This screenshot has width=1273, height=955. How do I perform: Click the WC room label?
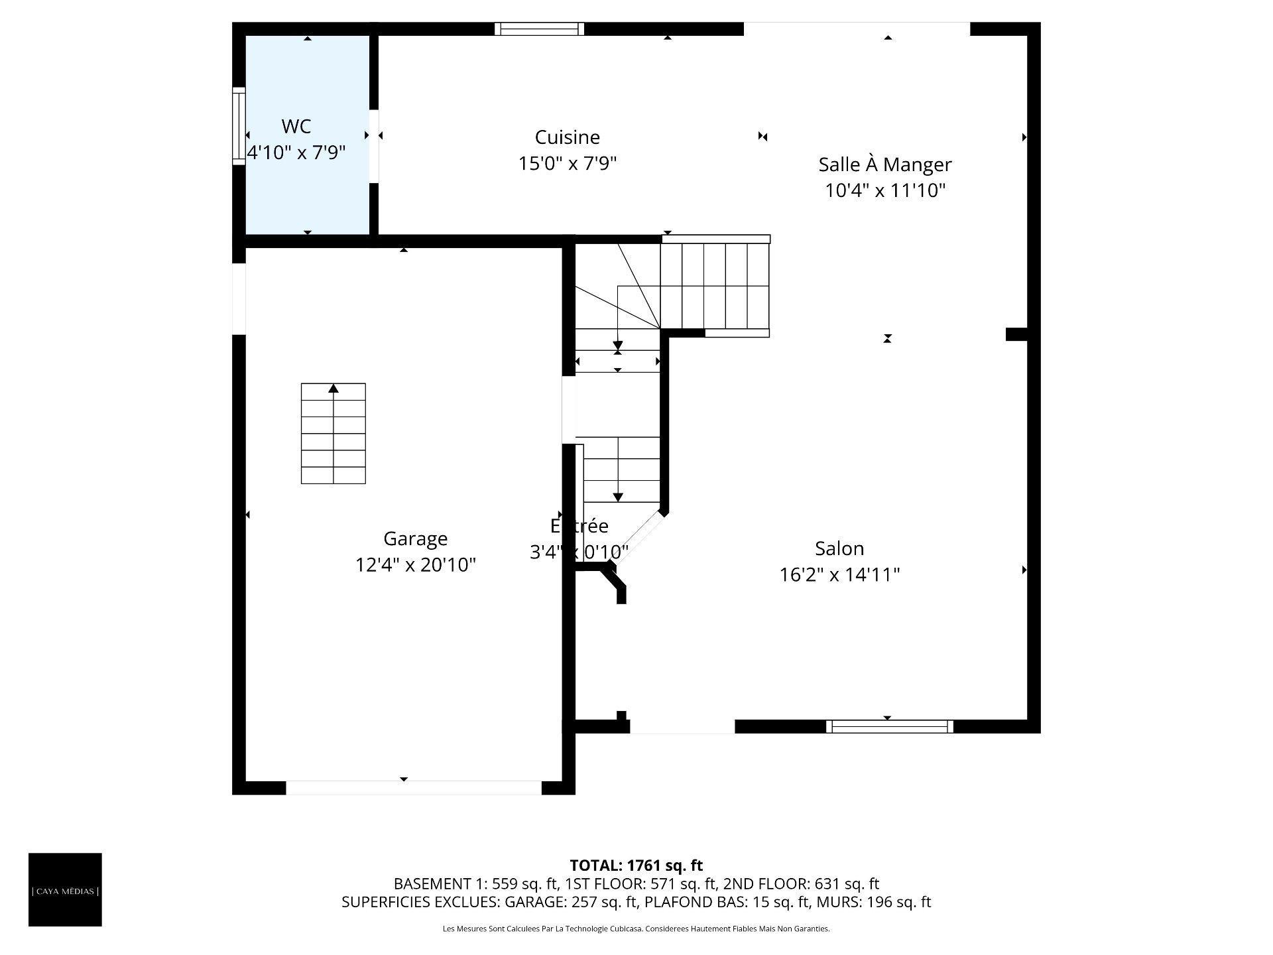tap(296, 126)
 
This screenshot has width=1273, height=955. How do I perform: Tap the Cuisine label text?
tap(567, 137)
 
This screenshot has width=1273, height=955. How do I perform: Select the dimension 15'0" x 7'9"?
tap(567, 163)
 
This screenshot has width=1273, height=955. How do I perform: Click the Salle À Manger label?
tap(884, 164)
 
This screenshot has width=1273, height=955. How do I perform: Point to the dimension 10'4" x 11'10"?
tap(884, 191)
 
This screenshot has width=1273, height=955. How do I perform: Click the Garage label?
tap(415, 539)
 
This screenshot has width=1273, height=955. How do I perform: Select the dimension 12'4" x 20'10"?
tap(415, 565)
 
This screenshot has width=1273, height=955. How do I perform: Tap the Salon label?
tap(839, 548)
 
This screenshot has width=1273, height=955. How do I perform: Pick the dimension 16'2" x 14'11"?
tap(839, 574)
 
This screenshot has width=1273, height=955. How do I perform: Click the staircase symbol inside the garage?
tap(333, 434)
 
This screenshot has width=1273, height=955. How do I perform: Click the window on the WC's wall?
tap(239, 126)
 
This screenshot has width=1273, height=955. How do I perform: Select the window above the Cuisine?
tap(539, 29)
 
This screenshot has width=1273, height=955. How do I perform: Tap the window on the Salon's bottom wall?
tap(889, 727)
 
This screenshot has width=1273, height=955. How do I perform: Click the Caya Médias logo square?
tap(65, 889)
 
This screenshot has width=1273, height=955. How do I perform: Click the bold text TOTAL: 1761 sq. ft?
tap(636, 865)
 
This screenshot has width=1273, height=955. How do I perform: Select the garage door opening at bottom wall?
tap(414, 788)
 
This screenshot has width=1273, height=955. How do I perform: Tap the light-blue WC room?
tap(307, 192)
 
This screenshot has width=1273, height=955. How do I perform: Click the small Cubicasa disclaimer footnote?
tap(636, 929)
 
